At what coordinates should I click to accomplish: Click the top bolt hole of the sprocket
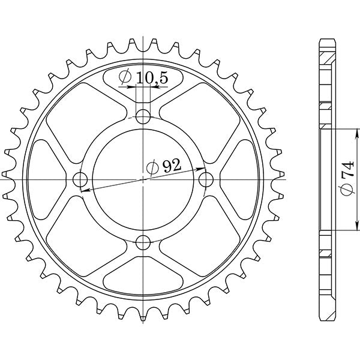[x=143, y=116]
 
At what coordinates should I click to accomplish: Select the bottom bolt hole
[x=143, y=242]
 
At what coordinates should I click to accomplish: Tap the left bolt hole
[x=80, y=179]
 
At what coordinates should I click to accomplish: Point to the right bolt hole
[x=206, y=179]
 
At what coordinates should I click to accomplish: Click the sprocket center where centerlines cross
[x=143, y=179]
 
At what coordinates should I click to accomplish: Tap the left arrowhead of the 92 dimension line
[x=83, y=190]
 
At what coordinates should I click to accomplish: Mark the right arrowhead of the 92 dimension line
[x=203, y=169]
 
